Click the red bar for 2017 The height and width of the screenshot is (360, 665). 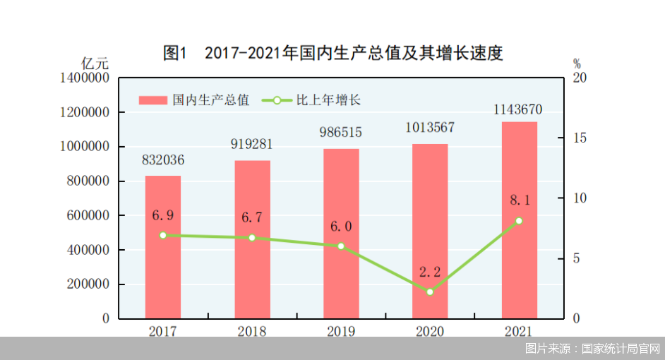(x=163, y=247)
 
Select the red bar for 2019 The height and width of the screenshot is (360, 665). (x=341, y=233)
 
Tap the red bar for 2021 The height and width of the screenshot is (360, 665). (x=519, y=220)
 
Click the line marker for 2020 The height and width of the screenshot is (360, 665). (x=430, y=292)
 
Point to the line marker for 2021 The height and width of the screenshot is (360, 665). (x=519, y=221)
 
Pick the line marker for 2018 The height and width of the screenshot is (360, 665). (x=252, y=238)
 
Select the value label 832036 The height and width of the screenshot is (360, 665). (x=163, y=160)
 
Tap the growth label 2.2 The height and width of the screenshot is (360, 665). (x=430, y=272)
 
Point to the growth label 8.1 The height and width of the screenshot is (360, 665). (x=519, y=201)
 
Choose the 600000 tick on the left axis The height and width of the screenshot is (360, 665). (x=85, y=216)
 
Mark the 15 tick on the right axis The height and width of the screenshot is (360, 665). (x=580, y=138)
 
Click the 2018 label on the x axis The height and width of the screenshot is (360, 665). (x=252, y=330)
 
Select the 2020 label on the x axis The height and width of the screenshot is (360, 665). (x=430, y=330)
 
